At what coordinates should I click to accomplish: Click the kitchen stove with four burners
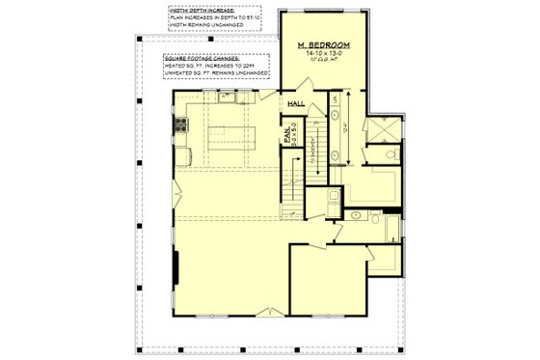[178, 126]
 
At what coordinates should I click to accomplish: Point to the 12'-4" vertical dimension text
[349, 125]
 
